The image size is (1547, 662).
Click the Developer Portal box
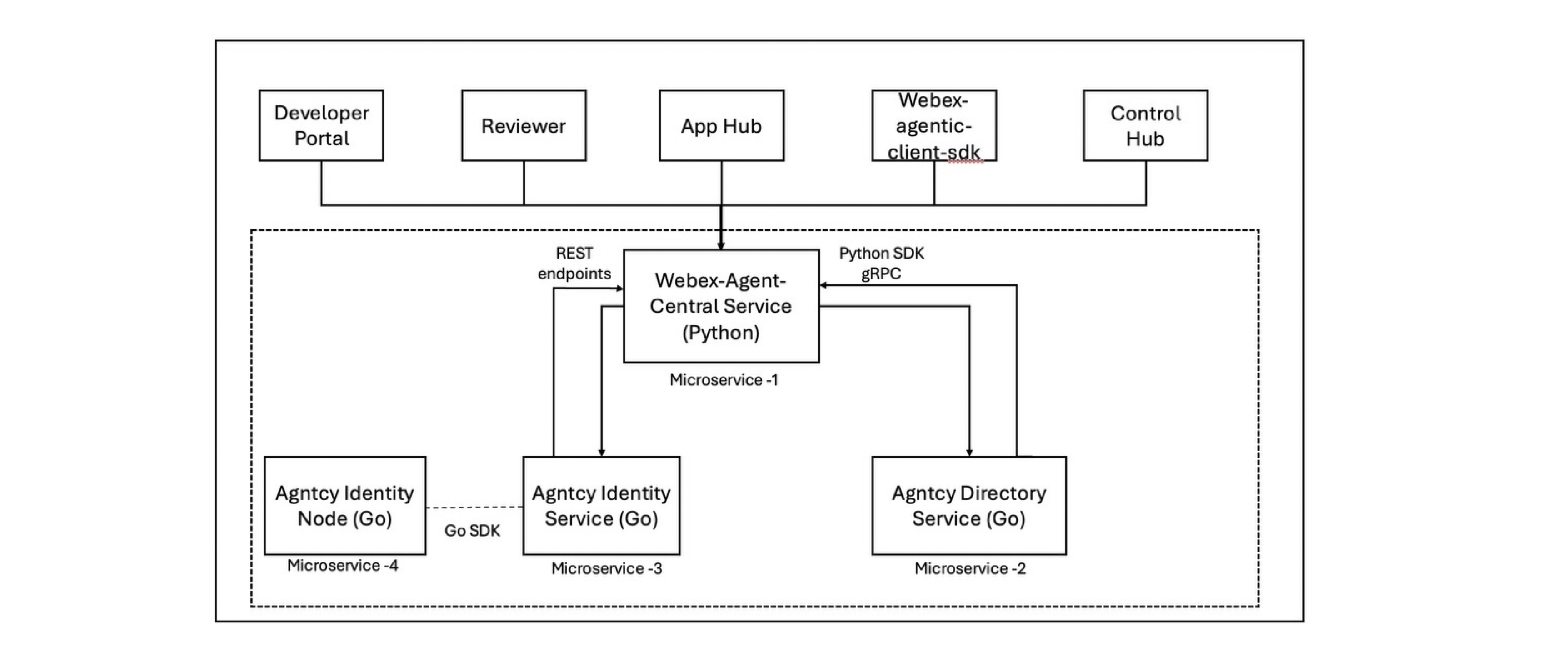(321, 125)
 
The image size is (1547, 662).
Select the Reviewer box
(524, 125)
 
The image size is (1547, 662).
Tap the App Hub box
(721, 125)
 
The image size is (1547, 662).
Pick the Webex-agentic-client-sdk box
(934, 125)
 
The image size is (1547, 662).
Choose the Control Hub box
(1145, 125)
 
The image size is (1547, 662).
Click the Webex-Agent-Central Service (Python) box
(721, 306)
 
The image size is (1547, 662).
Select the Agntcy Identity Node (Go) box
(344, 505)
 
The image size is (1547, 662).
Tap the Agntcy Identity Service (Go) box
(601, 505)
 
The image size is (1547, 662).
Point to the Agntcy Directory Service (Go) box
(968, 505)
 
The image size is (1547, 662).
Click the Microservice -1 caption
(724, 380)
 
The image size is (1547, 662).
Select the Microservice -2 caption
(970, 568)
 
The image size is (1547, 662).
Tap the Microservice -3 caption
(607, 568)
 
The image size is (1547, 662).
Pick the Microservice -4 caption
(342, 565)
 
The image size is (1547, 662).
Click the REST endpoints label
(574, 264)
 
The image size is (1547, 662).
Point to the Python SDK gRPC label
(881, 264)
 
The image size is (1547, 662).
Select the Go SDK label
(472, 531)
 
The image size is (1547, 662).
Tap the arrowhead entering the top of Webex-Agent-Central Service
(721, 245)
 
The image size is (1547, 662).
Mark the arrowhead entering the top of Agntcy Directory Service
(969, 453)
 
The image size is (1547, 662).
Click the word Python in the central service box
(721, 333)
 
